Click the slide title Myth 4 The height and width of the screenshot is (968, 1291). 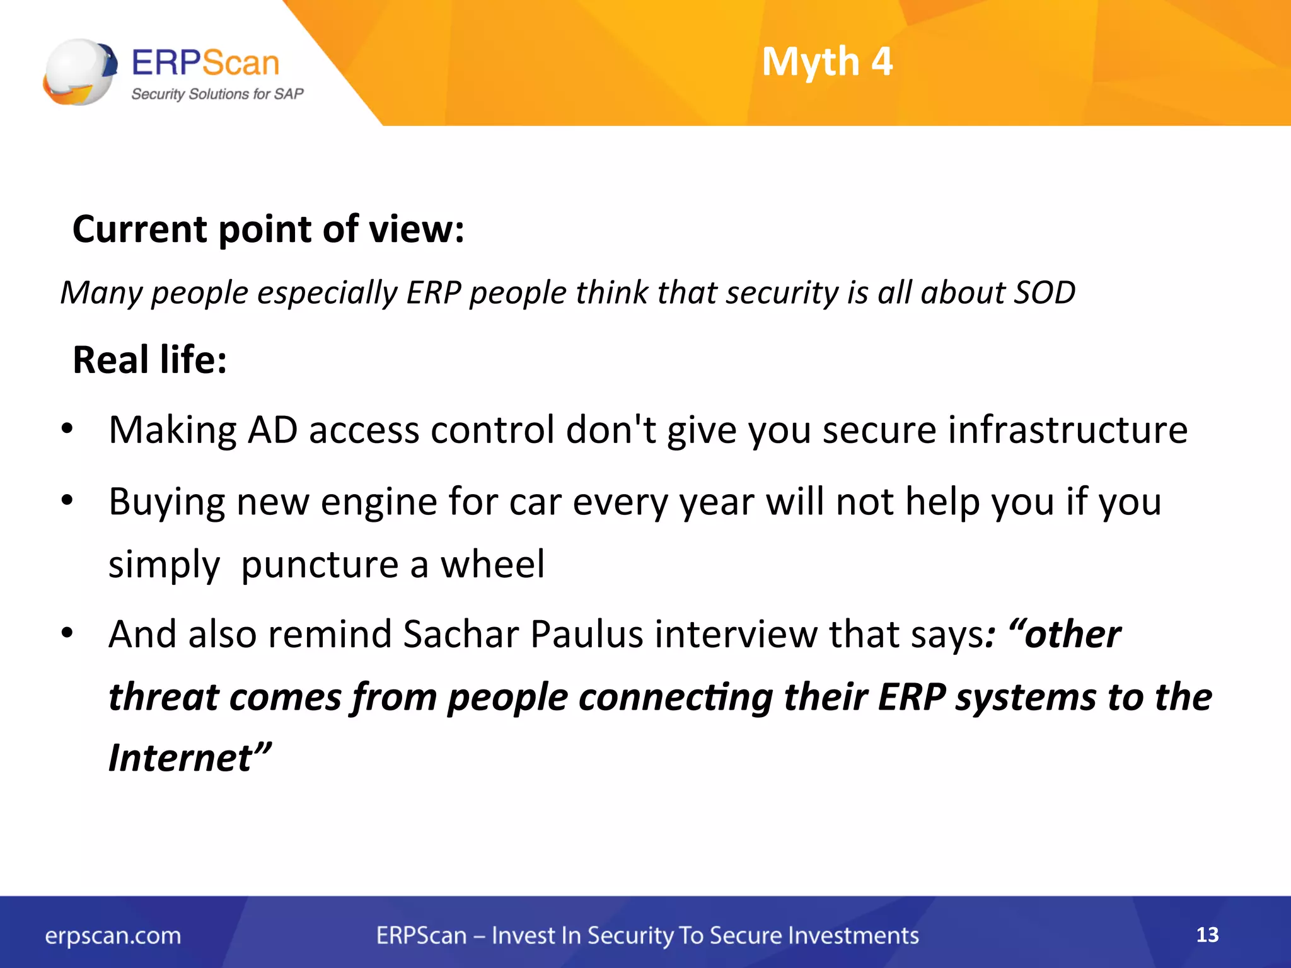point(827,62)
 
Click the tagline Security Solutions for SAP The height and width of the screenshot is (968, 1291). point(217,95)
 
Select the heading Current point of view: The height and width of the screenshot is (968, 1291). point(269,229)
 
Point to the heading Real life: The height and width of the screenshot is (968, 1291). point(150,360)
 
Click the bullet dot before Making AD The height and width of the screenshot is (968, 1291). point(67,430)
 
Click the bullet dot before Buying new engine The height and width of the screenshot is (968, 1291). point(67,501)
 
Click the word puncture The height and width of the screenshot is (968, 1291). point(320,564)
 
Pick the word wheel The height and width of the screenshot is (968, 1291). point(492,564)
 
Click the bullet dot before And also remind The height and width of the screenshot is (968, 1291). point(67,633)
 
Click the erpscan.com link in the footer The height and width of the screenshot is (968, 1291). point(113,936)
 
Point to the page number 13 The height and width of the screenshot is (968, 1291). point(1207,935)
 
